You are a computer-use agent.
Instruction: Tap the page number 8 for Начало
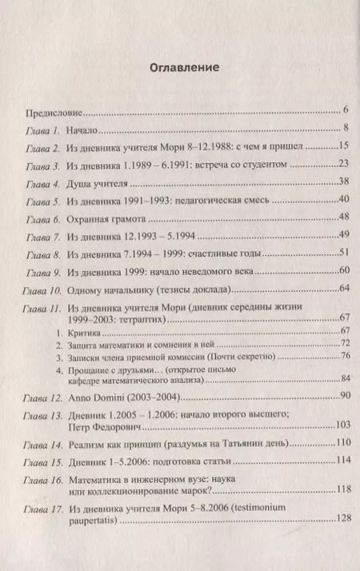pos(340,128)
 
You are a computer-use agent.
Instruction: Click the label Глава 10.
pos(47,291)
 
